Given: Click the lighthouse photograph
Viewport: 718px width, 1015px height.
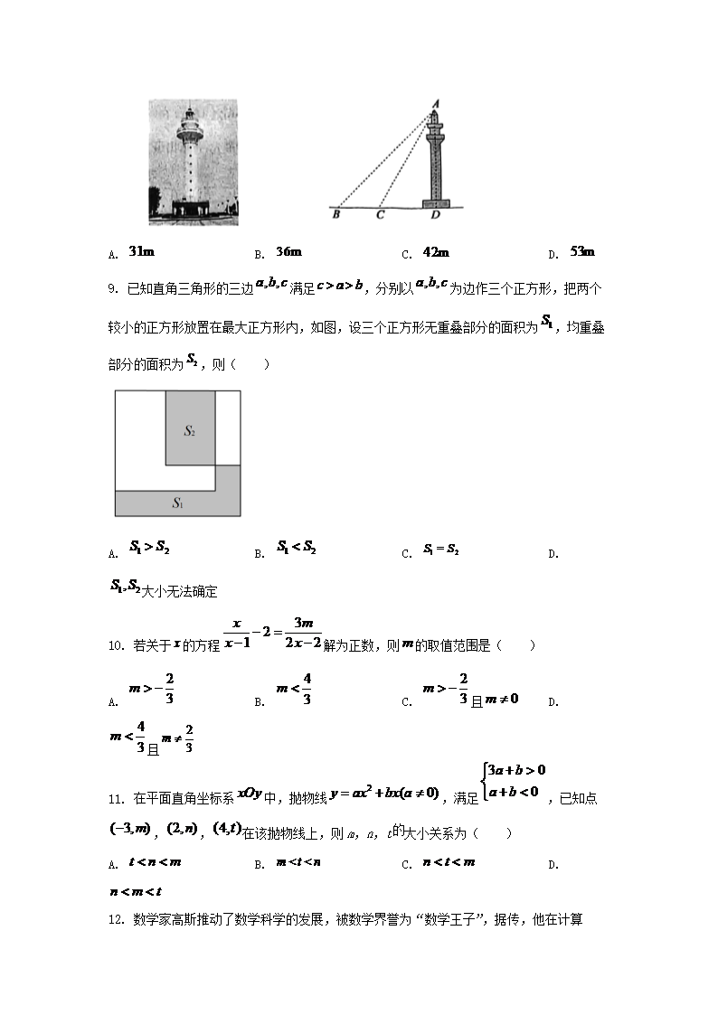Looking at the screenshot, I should point(194,163).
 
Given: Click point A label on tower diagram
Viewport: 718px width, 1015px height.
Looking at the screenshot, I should point(435,103).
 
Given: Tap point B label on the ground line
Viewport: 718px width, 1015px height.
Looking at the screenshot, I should point(336,215).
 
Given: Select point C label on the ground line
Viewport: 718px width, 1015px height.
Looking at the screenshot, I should point(380,215).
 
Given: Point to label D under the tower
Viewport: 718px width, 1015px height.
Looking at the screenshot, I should point(435,215).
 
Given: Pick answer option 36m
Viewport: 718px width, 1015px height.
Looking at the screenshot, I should point(288,251).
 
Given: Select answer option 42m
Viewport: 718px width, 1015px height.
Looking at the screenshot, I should point(436,252).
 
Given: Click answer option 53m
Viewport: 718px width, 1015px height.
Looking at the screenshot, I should point(582,251).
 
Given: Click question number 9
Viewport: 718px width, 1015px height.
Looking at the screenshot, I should point(113,289).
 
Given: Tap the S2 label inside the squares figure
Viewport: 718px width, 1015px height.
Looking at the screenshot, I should point(190,431).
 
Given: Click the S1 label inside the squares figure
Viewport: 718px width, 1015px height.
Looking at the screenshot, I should point(178,503).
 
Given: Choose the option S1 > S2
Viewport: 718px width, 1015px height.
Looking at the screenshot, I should point(149,547).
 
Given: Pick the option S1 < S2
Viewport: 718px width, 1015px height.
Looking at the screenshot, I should point(296,547).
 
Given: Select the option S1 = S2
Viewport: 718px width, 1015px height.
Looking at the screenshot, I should point(441,550).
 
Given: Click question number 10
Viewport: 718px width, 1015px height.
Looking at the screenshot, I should point(115,646).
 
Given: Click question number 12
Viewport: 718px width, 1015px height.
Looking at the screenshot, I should point(115,920).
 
